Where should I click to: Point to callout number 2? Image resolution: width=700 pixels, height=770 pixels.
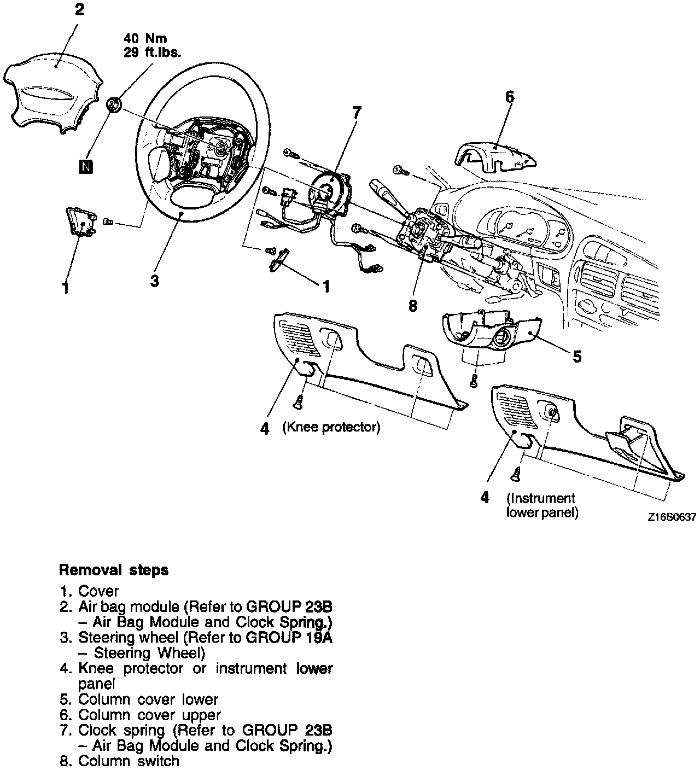pos(80,10)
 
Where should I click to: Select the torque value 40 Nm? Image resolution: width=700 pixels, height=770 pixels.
pos(145,38)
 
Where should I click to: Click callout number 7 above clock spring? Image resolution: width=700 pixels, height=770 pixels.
pos(356,113)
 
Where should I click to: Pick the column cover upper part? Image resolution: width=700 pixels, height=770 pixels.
pos(495,153)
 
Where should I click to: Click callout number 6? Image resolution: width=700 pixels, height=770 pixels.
pos(509,97)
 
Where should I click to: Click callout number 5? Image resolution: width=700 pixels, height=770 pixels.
pos(577,357)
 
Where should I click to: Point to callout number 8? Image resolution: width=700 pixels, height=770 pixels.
pos(413,306)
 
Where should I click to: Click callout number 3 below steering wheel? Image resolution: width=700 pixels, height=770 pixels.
pos(155,281)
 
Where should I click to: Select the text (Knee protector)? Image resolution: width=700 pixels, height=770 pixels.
pos(331,427)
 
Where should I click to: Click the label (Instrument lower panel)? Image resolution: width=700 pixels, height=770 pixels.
pos(541,505)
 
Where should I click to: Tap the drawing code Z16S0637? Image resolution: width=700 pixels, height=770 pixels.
pos(672,518)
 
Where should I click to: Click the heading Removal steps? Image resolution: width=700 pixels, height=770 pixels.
pos(114,570)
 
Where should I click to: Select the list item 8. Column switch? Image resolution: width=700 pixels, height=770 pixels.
pos(119,761)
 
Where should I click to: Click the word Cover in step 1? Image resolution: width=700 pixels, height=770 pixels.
pos(98,591)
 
